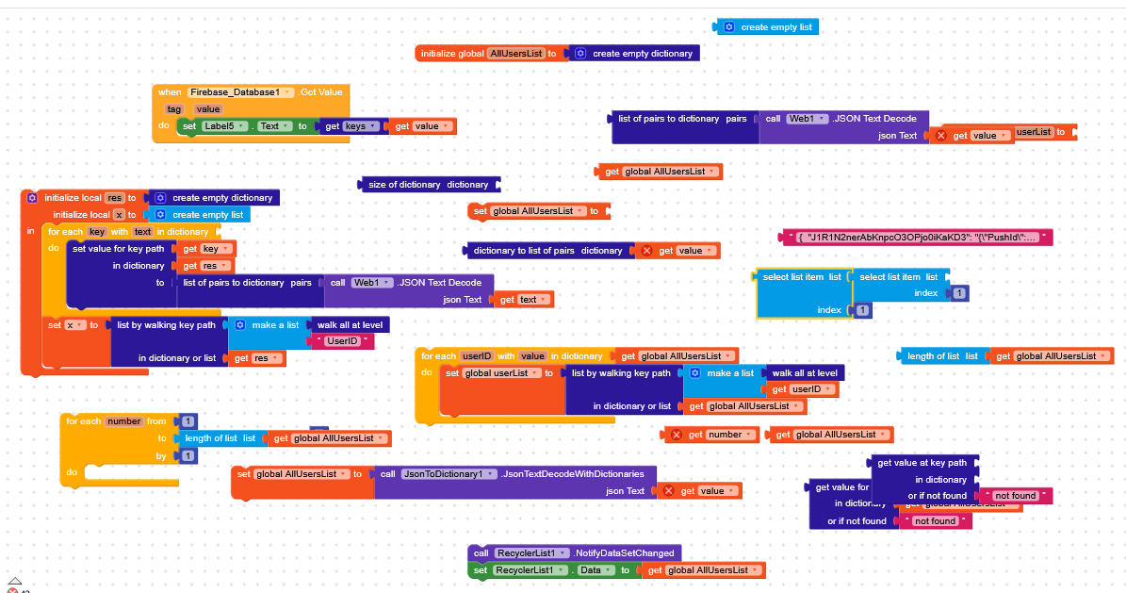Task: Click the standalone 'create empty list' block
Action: [x=775, y=27]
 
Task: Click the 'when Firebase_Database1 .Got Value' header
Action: [x=250, y=92]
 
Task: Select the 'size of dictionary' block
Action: [x=426, y=185]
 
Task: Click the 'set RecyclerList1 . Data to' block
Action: [x=481, y=570]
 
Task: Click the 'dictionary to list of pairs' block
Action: [x=547, y=251]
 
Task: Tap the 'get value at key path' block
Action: [x=922, y=463]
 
